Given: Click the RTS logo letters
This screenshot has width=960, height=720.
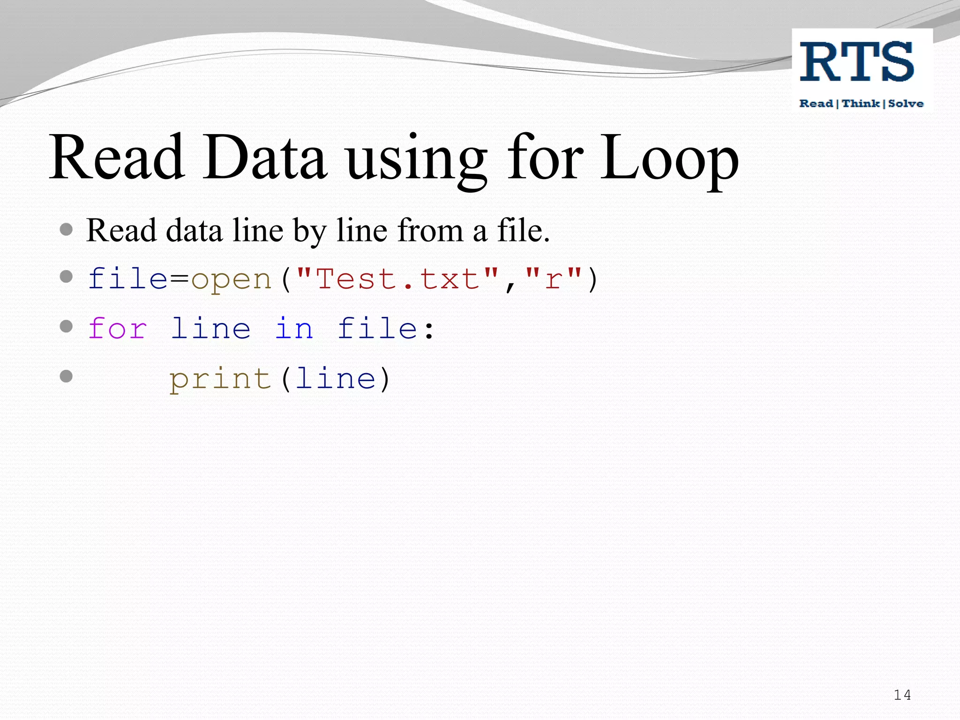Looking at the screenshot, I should (x=857, y=62).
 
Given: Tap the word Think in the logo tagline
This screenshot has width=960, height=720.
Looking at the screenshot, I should (x=861, y=104).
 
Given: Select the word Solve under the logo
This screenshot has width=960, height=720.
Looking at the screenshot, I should (x=906, y=104).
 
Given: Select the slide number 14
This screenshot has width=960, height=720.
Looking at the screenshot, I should (x=902, y=695).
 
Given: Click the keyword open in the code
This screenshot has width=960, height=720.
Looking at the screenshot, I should (x=232, y=280).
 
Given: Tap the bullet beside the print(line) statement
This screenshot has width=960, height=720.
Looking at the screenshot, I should (x=67, y=376).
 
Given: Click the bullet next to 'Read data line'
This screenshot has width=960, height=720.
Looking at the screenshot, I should (x=67, y=229).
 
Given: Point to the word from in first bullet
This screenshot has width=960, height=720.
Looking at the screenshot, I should (x=430, y=231).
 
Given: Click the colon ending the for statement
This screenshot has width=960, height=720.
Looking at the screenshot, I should (x=429, y=330).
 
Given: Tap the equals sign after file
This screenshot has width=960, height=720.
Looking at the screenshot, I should (x=179, y=279).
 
